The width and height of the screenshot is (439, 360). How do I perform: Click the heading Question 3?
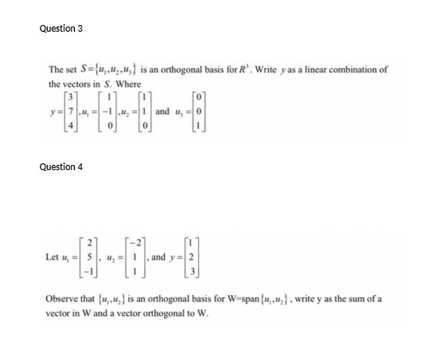click(x=60, y=28)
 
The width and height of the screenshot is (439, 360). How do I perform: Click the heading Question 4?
click(x=60, y=166)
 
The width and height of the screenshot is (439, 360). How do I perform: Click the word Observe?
click(x=67, y=299)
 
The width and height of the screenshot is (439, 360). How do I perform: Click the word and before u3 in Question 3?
click(x=162, y=111)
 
